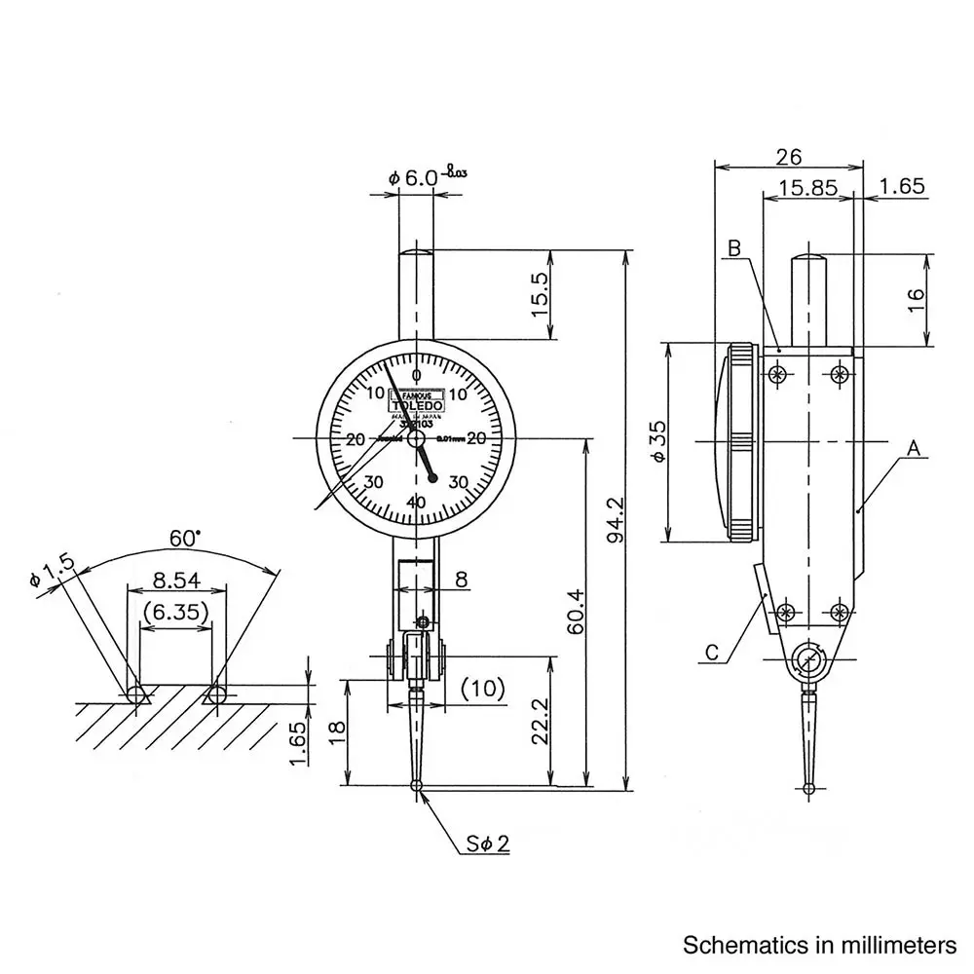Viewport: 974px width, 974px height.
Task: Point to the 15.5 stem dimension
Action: [540, 292]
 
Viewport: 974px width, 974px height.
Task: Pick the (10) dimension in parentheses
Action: [483, 689]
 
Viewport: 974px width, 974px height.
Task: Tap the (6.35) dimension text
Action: [175, 613]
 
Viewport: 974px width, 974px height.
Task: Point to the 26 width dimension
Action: [789, 157]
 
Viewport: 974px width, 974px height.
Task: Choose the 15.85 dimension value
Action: [808, 187]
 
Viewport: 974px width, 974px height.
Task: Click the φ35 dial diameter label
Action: [658, 443]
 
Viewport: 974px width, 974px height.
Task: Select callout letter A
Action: [913, 449]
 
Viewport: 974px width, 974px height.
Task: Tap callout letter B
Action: [735, 248]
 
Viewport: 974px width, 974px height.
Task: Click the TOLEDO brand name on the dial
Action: [417, 405]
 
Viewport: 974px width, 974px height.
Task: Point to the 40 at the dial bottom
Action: [416, 503]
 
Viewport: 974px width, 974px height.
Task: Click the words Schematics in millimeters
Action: [819, 945]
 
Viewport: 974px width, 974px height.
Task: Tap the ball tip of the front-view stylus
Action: [417, 786]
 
